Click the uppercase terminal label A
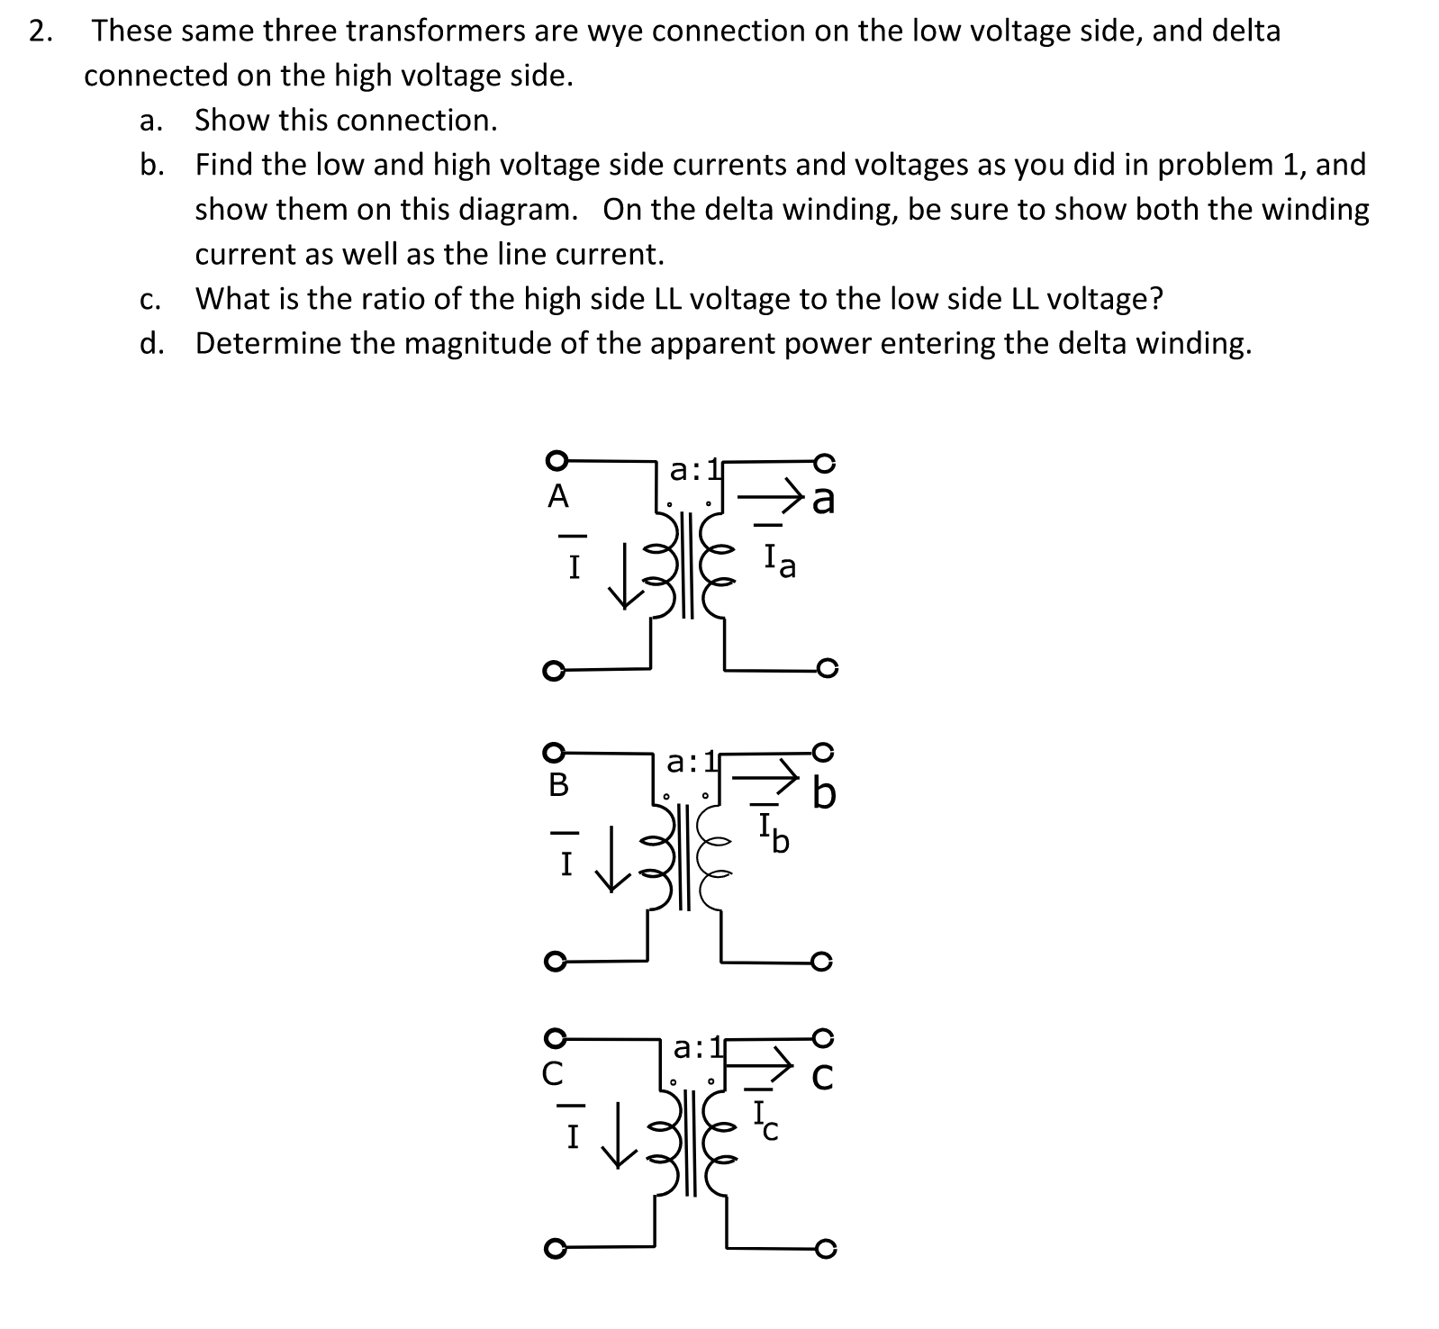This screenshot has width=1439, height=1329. tap(558, 496)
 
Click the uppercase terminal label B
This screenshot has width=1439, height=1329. tap(558, 785)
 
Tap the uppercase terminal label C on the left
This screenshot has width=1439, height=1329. tap(557, 1073)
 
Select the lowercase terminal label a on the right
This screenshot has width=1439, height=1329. tap(823, 501)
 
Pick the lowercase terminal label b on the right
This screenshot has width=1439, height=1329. tap(824, 794)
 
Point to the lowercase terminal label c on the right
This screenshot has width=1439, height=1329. tap(823, 1077)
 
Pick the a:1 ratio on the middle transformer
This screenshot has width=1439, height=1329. tap(691, 763)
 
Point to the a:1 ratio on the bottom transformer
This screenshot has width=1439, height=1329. tap(697, 1048)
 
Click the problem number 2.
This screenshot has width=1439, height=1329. tap(38, 32)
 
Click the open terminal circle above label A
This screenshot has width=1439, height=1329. tap(557, 460)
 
